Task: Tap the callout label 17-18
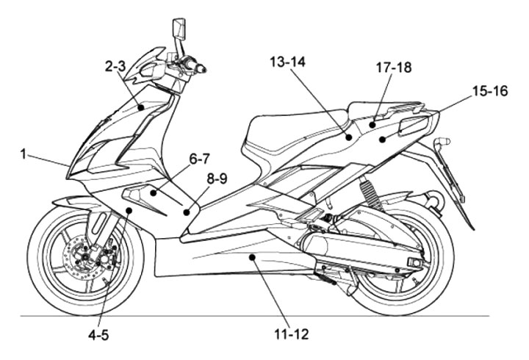click(x=393, y=67)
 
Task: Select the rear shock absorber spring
click(x=367, y=196)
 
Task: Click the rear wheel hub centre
click(x=399, y=262)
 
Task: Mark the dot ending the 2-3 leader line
click(x=141, y=107)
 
